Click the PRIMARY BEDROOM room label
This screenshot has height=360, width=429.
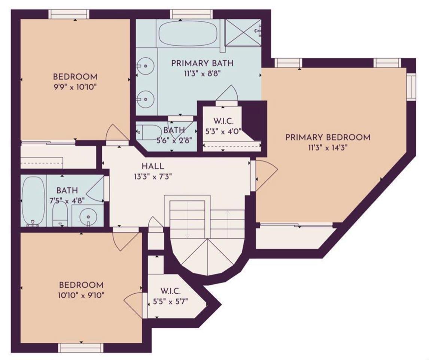pos(328,137)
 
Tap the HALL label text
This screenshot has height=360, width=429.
pos(153,166)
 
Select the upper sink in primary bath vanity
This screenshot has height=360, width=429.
pos(145,66)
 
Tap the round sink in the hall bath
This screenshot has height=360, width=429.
pos(88,216)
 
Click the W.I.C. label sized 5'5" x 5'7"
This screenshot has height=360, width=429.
pos(170,291)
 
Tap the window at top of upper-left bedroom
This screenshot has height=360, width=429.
pos(69,15)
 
